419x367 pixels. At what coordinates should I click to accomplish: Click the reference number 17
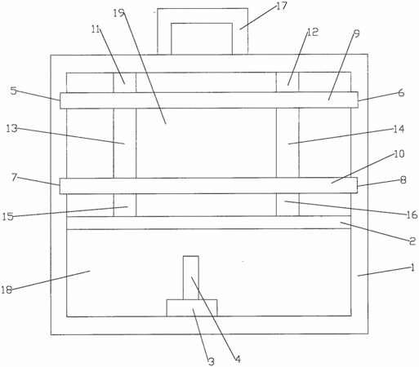282,6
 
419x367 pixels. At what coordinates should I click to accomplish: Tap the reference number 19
118,13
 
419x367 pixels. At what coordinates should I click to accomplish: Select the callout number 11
96,29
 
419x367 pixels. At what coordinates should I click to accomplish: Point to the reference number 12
313,33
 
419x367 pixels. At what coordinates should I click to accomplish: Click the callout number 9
356,33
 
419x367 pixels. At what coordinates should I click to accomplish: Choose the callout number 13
11,128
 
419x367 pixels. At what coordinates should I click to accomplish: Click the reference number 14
399,129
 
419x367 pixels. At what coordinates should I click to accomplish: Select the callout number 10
399,154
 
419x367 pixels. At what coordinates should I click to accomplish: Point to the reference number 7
14,177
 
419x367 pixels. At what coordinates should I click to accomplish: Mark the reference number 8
403,179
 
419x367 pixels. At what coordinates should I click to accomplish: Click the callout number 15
8,217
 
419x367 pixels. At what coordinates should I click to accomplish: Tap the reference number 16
412,214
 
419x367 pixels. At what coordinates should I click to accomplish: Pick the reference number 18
7,290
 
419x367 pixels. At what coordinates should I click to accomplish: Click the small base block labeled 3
192,307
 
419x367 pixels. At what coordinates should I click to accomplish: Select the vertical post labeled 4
191,277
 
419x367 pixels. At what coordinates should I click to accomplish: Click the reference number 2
412,241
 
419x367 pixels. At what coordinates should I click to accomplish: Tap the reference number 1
412,268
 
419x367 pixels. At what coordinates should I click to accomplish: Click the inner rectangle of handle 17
202,24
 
